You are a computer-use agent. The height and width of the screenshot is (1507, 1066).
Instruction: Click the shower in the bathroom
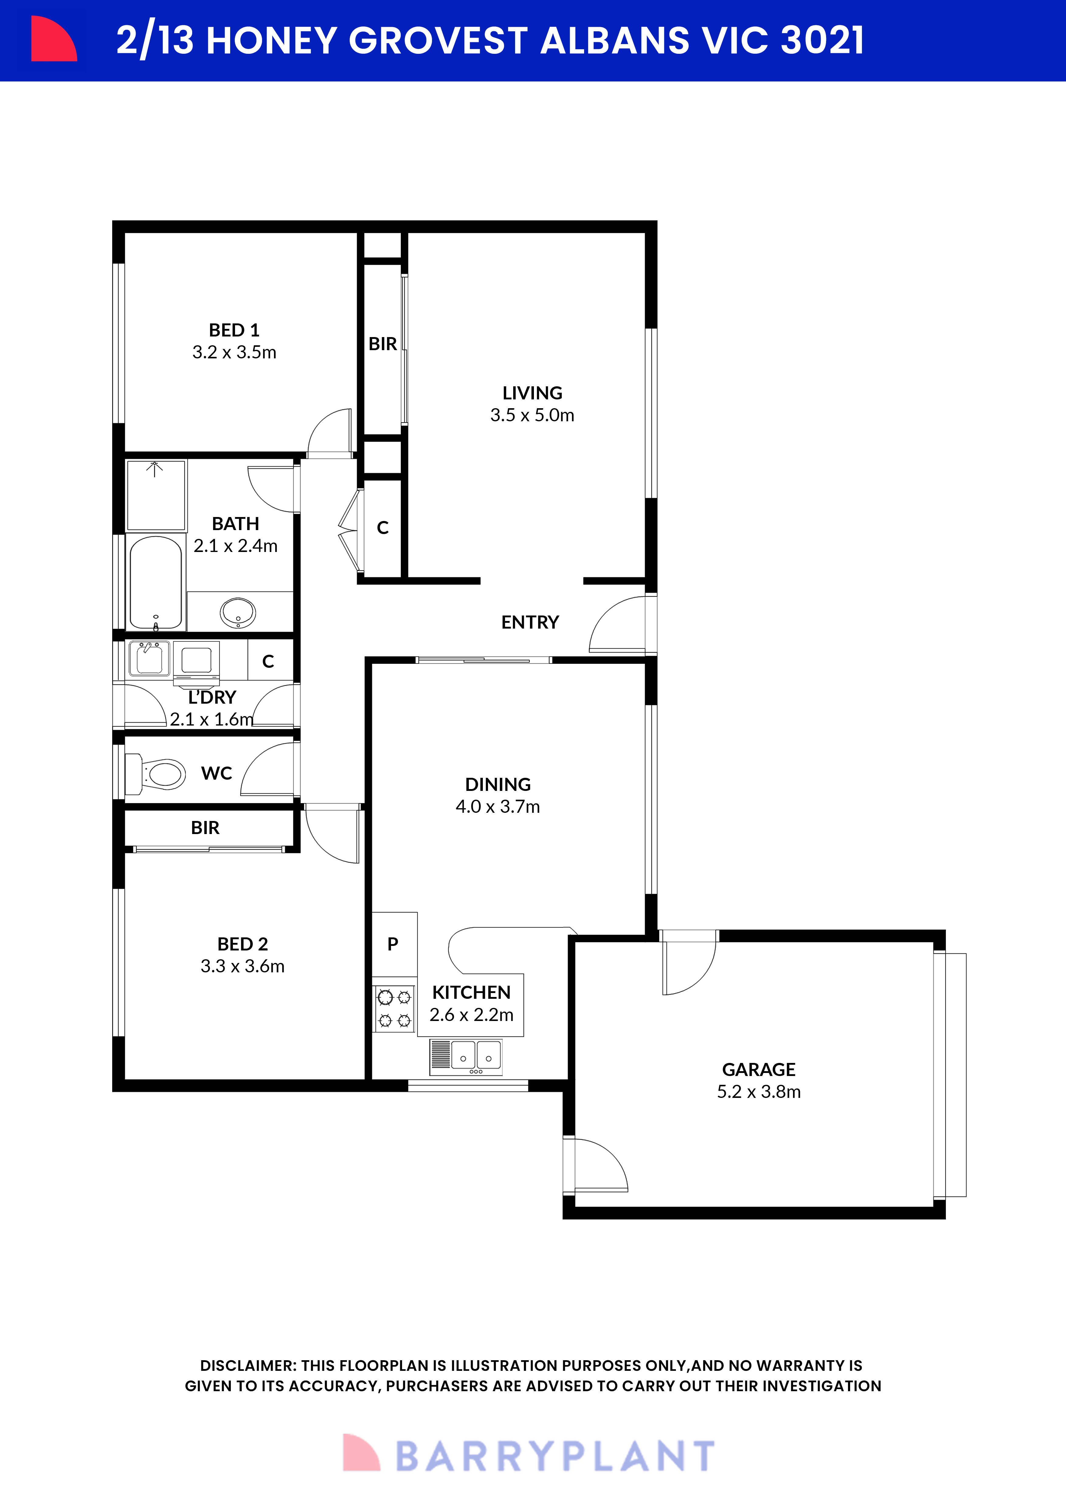tap(156, 495)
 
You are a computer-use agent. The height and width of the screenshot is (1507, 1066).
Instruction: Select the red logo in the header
tap(54, 40)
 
